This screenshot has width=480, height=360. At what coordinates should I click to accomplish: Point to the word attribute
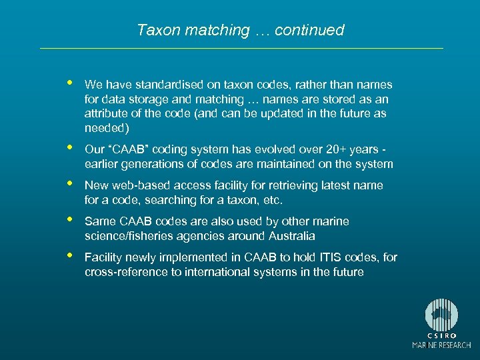[x=107, y=113]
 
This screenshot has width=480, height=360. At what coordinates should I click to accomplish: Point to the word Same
[x=99, y=221]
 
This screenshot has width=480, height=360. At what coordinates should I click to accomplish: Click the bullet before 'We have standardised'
[x=68, y=83]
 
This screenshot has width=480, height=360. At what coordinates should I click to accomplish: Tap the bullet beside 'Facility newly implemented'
[x=68, y=256]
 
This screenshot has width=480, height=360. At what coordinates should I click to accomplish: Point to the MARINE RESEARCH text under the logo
[x=441, y=345]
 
